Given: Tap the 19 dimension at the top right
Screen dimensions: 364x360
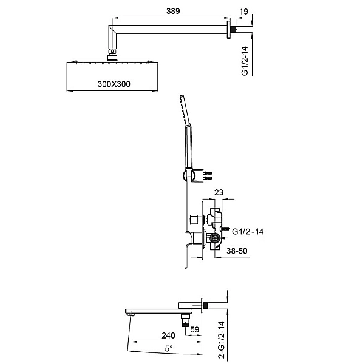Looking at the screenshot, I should (x=243, y=11).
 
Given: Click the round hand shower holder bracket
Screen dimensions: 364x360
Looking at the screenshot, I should (x=185, y=175).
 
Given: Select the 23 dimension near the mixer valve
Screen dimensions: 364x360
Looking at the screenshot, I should (x=219, y=194).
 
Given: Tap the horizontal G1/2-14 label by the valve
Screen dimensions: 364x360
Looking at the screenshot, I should (x=248, y=231).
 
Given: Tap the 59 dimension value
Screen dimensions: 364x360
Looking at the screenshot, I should (x=195, y=331).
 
